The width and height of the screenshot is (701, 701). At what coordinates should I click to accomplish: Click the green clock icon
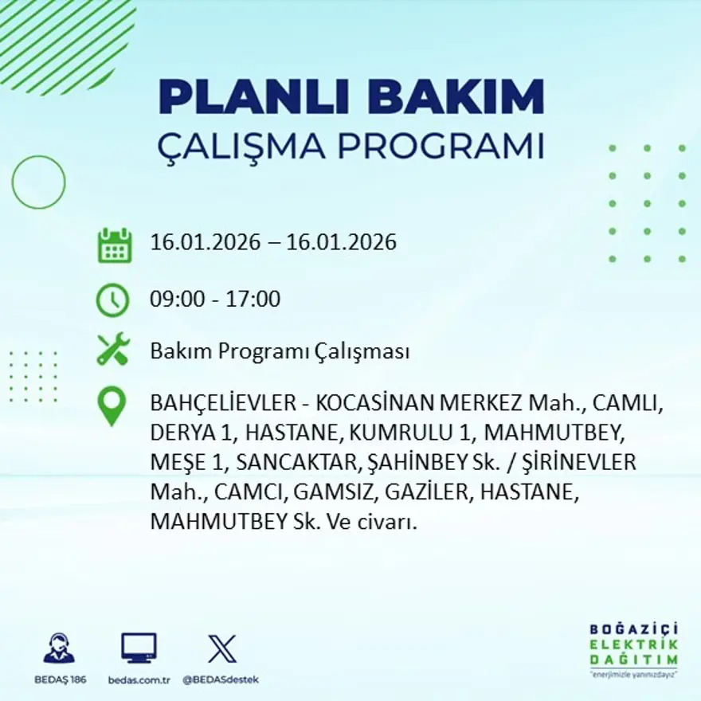(x=112, y=300)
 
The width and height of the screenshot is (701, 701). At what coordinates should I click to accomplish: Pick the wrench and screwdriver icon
(x=112, y=350)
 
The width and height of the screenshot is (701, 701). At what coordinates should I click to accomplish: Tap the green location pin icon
(x=112, y=405)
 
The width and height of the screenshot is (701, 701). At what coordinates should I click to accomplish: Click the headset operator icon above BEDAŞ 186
(x=58, y=648)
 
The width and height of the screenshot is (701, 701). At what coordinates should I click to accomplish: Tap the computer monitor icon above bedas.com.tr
(x=139, y=648)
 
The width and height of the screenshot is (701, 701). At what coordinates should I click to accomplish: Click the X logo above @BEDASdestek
(x=221, y=648)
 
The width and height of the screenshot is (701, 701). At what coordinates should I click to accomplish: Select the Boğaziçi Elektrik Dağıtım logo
(x=634, y=648)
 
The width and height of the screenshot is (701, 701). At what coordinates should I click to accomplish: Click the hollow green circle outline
(x=38, y=182)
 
